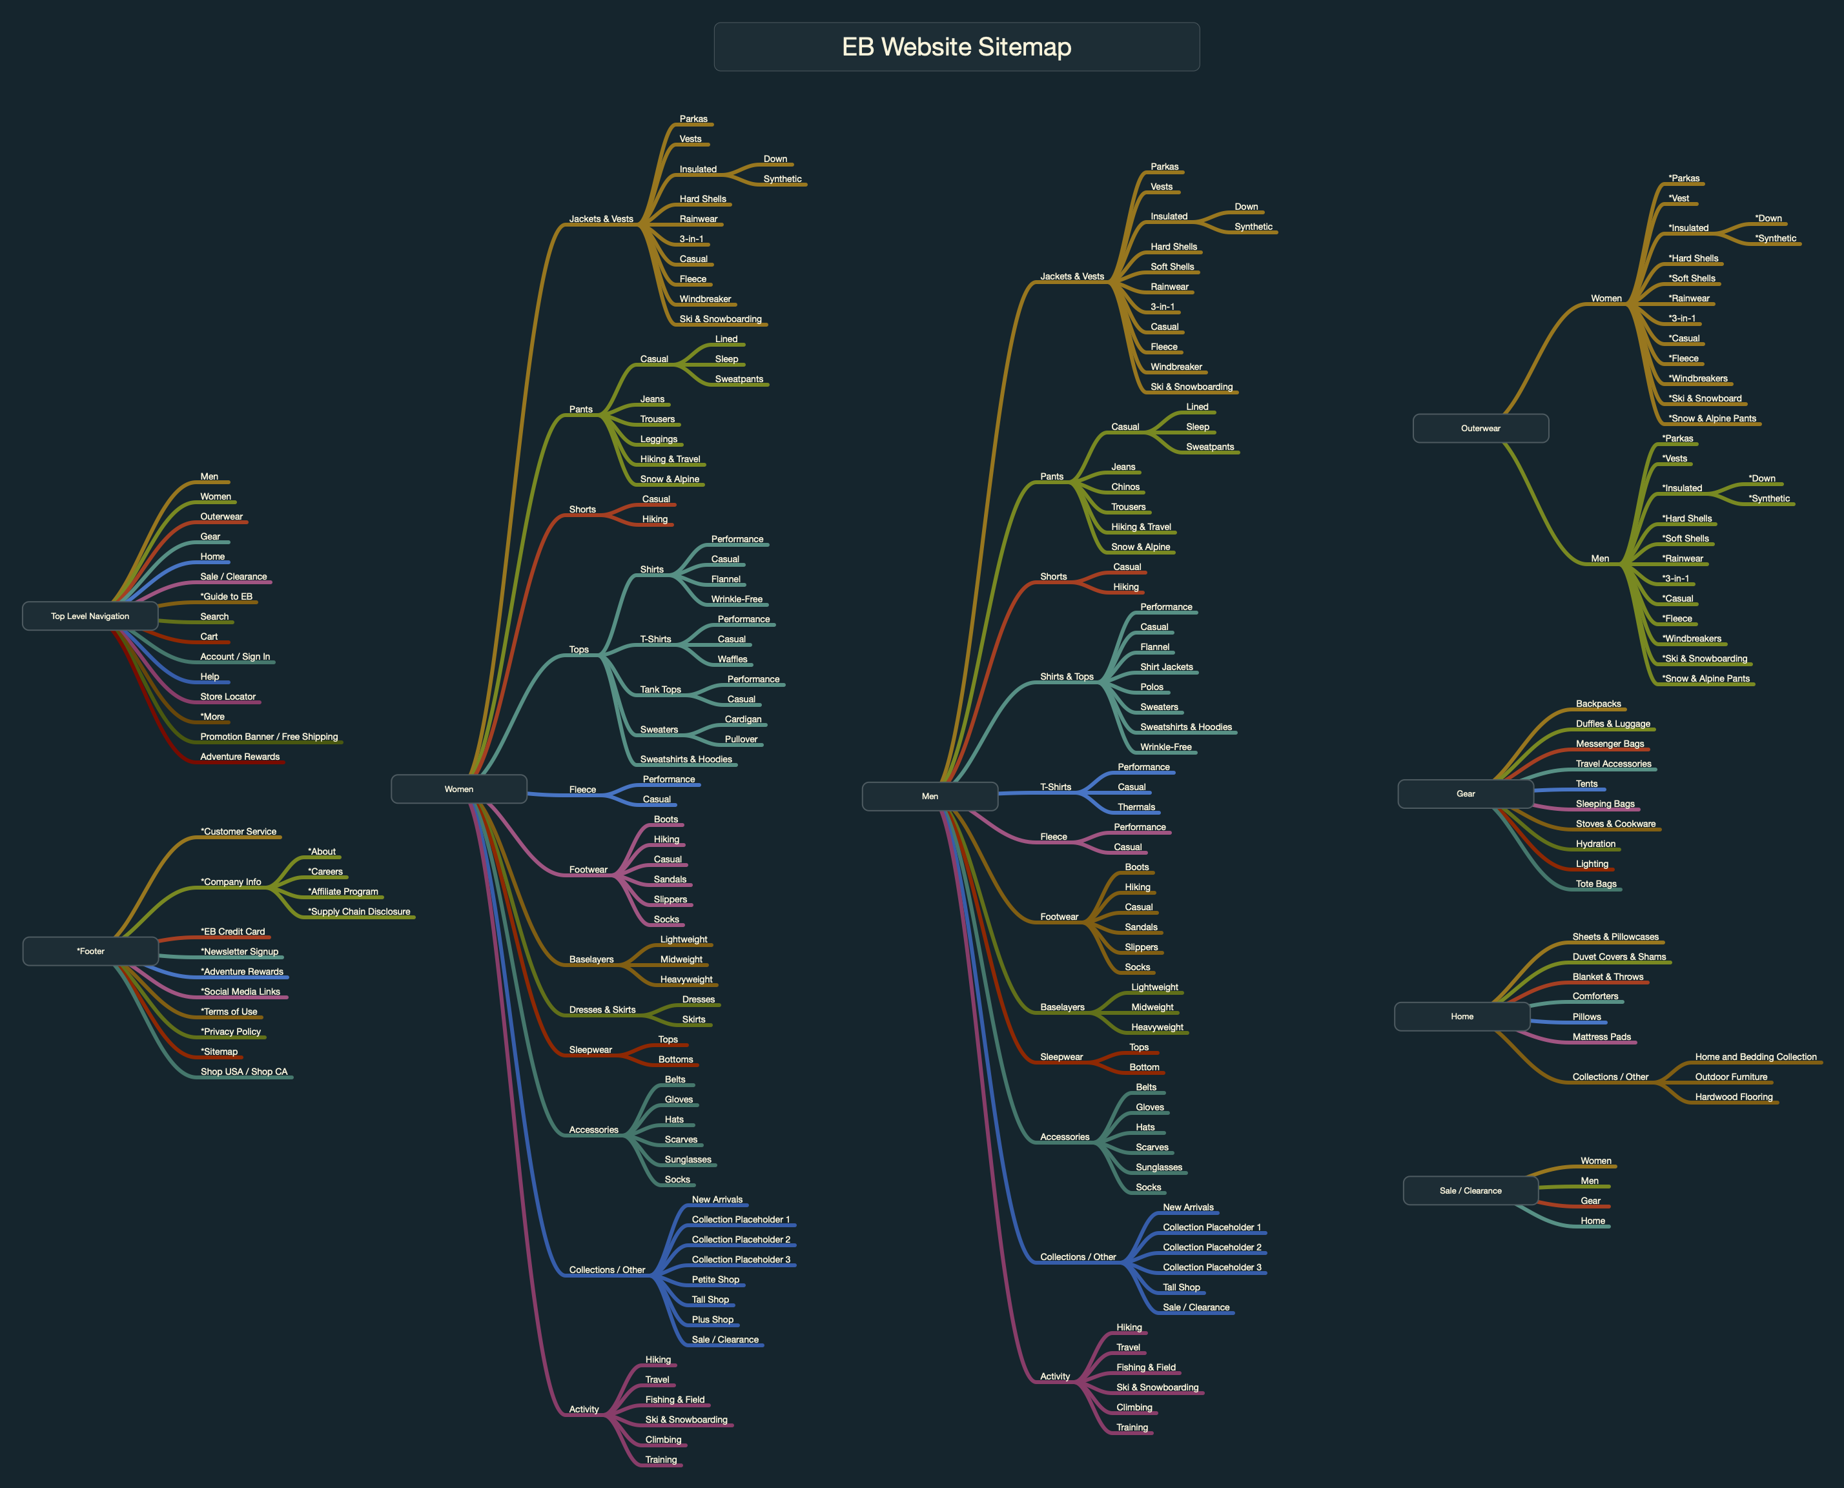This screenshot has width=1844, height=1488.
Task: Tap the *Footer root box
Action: pyautogui.click(x=90, y=950)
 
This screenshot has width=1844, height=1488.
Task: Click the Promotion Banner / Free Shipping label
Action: pyautogui.click(x=269, y=737)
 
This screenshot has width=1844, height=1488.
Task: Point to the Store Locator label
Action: pyautogui.click(x=227, y=697)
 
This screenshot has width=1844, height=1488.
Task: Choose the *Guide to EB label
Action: pyautogui.click(x=227, y=596)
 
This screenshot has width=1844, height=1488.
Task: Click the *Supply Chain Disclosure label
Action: pyautogui.click(x=359, y=911)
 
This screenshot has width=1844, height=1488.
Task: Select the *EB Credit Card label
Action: pyautogui.click(x=232, y=932)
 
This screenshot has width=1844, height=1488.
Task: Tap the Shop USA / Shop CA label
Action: pyautogui.click(x=243, y=1072)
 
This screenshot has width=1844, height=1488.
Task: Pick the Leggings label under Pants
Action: pyautogui.click(x=659, y=439)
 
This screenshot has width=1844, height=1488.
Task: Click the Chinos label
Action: pyautogui.click(x=1125, y=487)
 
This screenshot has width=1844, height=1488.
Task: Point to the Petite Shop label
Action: pyautogui.click(x=715, y=1279)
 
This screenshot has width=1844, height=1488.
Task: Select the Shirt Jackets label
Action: pyautogui.click(x=1166, y=667)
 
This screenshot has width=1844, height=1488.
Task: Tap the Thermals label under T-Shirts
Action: pyautogui.click(x=1136, y=806)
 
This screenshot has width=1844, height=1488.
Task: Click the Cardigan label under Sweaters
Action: pyautogui.click(x=743, y=719)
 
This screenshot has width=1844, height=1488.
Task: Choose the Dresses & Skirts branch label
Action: pyautogui.click(x=602, y=1010)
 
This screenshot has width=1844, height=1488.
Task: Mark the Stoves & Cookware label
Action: pyautogui.click(x=1615, y=824)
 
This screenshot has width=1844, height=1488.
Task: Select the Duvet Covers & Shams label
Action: pyautogui.click(x=1619, y=957)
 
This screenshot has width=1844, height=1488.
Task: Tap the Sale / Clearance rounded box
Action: pyautogui.click(x=1470, y=1190)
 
